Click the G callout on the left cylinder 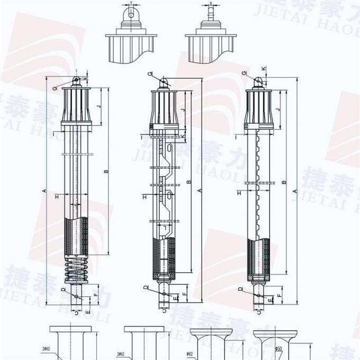coord(55,87)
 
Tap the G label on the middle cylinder coord(150,73)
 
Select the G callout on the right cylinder coord(244,73)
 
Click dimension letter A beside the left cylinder coord(45,191)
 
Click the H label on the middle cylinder coord(144,197)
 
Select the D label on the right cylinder coord(240,289)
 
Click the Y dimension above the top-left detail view coord(130,4)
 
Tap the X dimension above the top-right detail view coord(210,4)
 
